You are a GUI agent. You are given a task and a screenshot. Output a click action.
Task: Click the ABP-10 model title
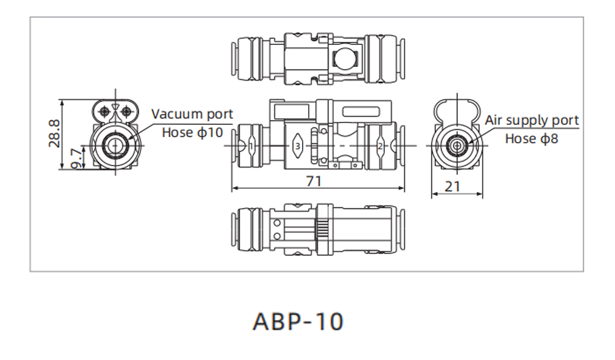tap(298, 321)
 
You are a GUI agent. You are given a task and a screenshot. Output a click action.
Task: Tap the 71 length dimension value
tap(314, 181)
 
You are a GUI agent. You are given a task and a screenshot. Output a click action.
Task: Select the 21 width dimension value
tap(452, 185)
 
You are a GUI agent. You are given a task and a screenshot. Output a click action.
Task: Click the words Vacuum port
tap(192, 114)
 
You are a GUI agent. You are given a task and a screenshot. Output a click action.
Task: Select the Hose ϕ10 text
tap(192, 132)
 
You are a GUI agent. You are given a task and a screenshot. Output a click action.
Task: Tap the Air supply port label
tap(532, 120)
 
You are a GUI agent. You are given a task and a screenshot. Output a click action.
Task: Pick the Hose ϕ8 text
tap(531, 138)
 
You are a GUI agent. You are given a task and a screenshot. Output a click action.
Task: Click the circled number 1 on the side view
tap(253, 146)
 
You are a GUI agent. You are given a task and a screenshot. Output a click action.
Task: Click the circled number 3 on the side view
tap(298, 146)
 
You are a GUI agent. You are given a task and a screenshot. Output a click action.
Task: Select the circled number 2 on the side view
tap(381, 146)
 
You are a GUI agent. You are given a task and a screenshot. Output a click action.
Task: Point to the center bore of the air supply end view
tap(457, 145)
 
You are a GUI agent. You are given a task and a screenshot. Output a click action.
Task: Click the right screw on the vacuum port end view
tap(127, 111)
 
